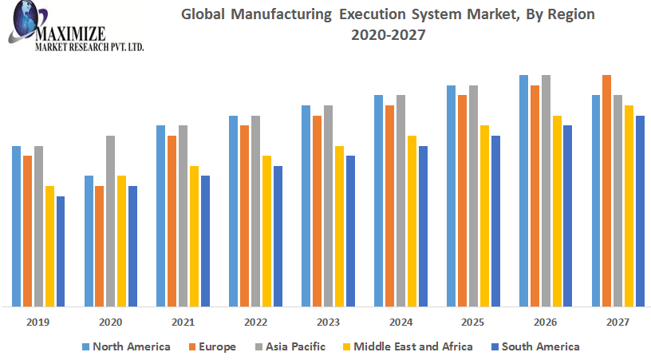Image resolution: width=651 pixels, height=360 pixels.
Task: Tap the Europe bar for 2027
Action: [x=606, y=191]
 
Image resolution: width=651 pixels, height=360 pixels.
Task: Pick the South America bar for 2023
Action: [x=350, y=231]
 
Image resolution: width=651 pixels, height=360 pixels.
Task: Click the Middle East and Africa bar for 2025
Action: [x=484, y=216]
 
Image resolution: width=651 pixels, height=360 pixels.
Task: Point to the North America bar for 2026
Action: [x=523, y=191]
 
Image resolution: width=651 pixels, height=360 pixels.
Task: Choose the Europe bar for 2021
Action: [x=172, y=221]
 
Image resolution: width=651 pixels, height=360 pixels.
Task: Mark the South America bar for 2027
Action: [x=640, y=211]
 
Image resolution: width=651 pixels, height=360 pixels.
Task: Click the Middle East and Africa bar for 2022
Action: [x=266, y=231]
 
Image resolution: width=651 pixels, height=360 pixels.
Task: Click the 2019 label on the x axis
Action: [x=37, y=322]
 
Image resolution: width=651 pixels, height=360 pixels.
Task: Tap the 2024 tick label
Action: [x=400, y=322]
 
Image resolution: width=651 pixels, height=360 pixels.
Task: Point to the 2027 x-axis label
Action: [x=617, y=322]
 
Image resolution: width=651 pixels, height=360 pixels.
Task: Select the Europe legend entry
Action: [x=214, y=346]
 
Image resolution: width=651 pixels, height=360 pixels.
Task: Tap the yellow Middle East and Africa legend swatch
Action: [x=347, y=347]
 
